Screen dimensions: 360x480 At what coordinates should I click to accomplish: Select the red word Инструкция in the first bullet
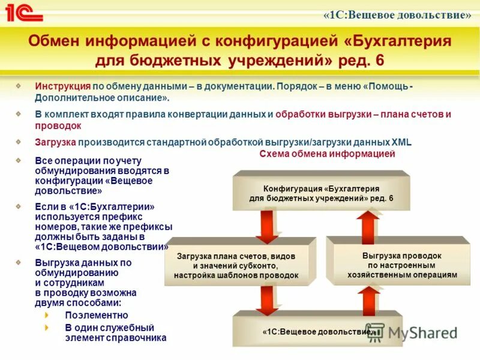(x=62, y=86)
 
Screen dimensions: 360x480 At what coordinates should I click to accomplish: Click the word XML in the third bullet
(x=401, y=142)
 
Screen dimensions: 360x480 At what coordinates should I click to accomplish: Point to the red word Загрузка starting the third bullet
(x=55, y=142)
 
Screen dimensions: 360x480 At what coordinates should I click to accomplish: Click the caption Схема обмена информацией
(x=327, y=154)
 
